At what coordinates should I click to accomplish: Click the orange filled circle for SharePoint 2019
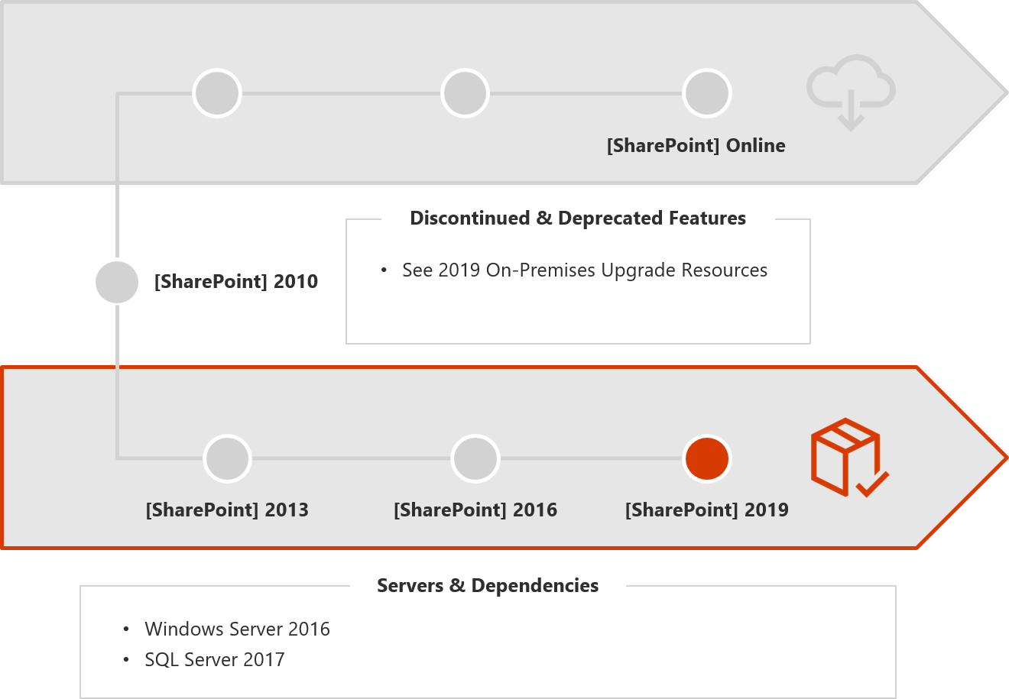coord(707,458)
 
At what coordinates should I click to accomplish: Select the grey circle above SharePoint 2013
coord(228,458)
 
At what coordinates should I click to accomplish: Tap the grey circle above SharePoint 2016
coord(475,458)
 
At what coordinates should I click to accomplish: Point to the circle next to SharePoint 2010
coord(117,282)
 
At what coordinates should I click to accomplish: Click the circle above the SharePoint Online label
coord(707,93)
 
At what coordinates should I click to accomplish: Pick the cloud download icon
coord(851,92)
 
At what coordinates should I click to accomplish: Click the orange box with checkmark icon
coord(849,458)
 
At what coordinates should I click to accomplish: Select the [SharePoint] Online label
coord(696,146)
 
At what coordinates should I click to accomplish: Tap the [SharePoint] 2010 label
coord(236,282)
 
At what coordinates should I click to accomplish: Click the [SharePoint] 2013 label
coord(227,510)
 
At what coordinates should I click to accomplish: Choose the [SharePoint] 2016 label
coord(475,510)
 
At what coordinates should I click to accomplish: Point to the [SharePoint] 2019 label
coord(707,510)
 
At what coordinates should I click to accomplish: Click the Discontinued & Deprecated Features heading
coord(578,218)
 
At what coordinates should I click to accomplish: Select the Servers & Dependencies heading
coord(488,586)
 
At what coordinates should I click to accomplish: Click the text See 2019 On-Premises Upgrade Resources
coord(585,270)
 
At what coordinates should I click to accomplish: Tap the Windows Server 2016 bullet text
coord(238,629)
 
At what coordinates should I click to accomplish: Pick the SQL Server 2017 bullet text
coord(214,660)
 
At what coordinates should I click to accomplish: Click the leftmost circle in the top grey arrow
coord(217,93)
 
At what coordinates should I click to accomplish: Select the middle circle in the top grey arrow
coord(465,93)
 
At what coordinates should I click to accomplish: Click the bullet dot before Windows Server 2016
coord(126,629)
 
